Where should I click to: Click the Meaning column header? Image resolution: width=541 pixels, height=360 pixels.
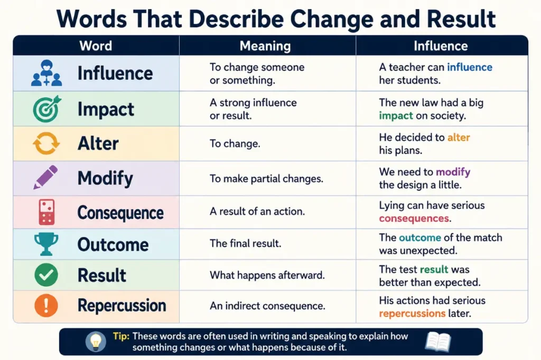265,46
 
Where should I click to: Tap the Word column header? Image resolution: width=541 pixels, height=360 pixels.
96,46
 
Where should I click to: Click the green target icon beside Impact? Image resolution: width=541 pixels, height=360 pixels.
47,109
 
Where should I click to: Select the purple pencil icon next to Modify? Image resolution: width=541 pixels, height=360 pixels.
45,177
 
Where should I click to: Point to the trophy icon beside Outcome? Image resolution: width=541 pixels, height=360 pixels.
46,244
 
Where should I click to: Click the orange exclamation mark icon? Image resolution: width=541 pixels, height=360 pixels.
46,306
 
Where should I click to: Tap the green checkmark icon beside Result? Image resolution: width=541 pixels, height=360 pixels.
46,275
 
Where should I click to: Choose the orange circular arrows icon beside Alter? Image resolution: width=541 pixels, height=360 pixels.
46,144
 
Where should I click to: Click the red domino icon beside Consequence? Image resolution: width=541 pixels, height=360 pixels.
46,212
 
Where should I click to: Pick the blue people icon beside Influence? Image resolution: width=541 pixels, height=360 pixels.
46,73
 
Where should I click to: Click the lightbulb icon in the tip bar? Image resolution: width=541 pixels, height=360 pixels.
96,342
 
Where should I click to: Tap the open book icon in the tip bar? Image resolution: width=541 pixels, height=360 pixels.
438,342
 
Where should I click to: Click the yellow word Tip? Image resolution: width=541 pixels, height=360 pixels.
121,336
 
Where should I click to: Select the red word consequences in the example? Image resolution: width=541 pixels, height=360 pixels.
414,219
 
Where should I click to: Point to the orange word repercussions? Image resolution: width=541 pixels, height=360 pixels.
412,314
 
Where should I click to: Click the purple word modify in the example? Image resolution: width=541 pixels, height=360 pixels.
453,172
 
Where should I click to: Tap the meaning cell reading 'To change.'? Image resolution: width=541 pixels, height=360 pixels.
235,144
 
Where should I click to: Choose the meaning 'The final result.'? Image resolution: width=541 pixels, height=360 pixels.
245,243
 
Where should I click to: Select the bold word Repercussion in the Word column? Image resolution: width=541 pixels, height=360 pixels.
122,306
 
